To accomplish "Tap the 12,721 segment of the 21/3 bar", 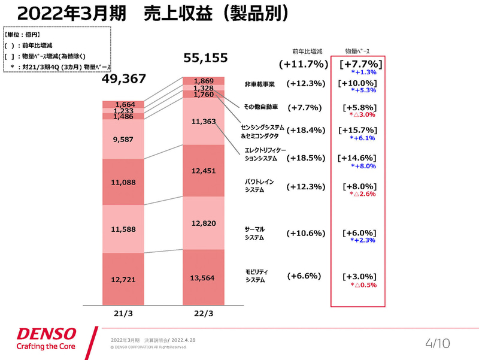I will point(123,279).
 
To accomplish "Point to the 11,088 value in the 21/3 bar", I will point(123,181).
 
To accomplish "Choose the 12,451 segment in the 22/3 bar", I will point(204,171).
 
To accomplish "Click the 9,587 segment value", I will point(123,139).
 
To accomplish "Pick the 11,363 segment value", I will point(204,121).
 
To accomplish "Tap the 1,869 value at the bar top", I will point(204,81).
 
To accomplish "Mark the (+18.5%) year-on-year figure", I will point(305,158).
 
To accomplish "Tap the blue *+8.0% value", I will point(363,166).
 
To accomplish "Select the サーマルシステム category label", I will point(255,234).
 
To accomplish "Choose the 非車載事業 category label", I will point(259,84).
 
